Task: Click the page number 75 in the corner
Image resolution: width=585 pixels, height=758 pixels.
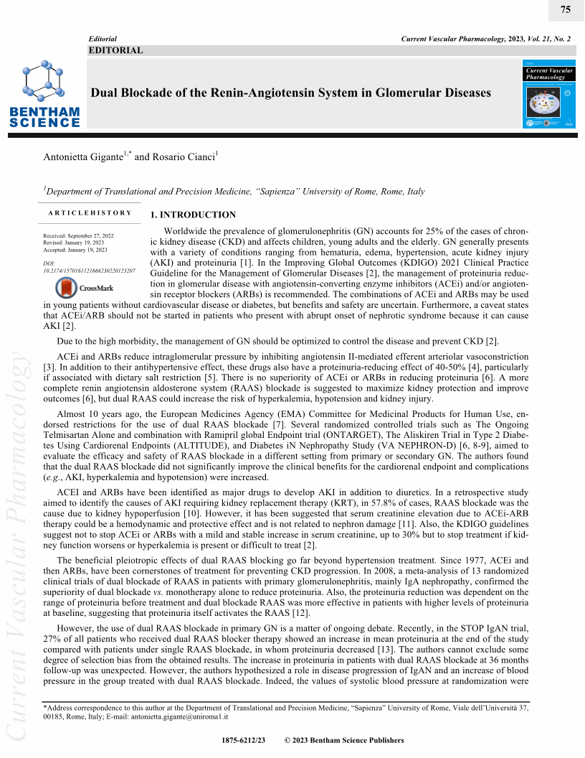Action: (x=565, y=9)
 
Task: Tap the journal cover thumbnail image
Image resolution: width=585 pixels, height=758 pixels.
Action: (x=549, y=98)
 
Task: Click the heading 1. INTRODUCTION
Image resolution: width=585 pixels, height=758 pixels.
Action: (x=192, y=215)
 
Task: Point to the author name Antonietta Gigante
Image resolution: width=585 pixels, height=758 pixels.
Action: (x=83, y=156)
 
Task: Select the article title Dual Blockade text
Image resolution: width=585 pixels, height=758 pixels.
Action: (x=290, y=93)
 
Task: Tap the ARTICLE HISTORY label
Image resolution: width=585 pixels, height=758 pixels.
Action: (x=90, y=213)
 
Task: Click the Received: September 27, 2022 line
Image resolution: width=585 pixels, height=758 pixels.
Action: (x=78, y=236)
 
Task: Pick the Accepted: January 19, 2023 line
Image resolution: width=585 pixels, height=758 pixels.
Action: (x=75, y=250)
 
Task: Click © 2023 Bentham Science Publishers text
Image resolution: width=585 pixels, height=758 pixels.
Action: (x=344, y=740)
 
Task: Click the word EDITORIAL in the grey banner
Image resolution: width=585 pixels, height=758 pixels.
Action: (x=115, y=50)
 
